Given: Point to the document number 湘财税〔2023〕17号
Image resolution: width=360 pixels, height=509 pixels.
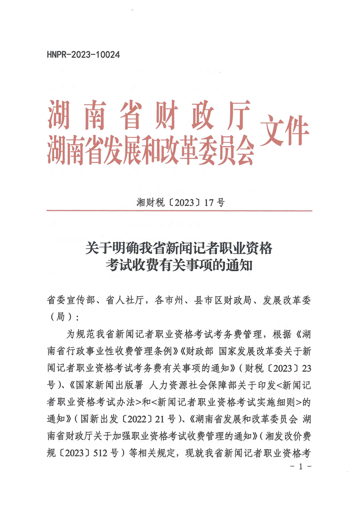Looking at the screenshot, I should (180, 202).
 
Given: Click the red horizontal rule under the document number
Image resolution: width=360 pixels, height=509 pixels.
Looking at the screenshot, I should (180, 211).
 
